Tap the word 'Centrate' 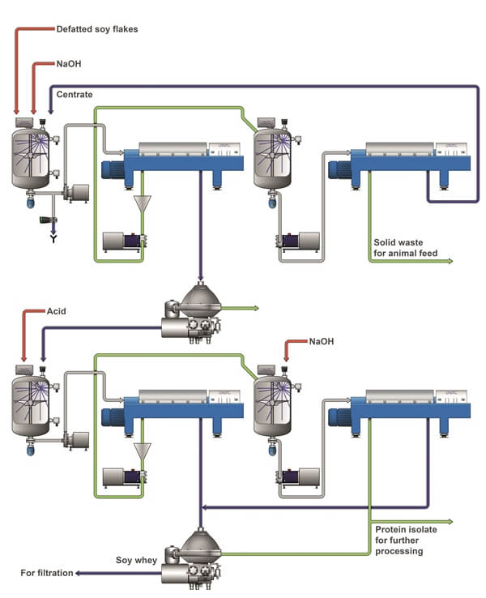click(75, 95)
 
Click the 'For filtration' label click(48, 574)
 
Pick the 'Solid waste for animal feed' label click(405, 247)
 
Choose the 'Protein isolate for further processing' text click(406, 540)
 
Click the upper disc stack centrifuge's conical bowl click(200, 301)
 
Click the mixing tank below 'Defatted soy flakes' click(30, 154)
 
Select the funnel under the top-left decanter click(145, 205)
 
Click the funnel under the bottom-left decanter click(144, 450)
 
